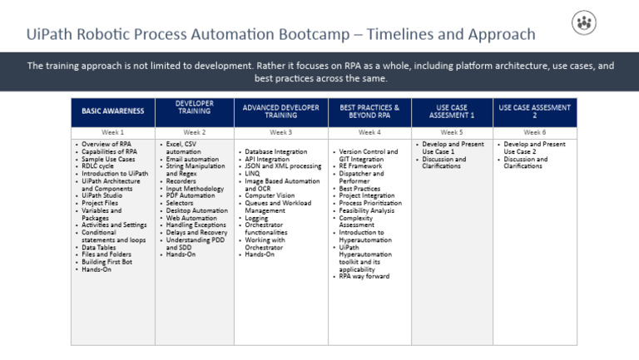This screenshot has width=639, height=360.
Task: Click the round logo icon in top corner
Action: coord(584,22)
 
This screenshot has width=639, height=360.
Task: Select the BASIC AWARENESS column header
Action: coord(113,111)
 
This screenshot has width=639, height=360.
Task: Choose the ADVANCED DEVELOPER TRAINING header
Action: coord(281,111)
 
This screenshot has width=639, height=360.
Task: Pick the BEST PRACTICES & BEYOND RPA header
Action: coord(369,111)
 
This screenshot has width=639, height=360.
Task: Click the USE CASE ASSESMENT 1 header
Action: coord(452,111)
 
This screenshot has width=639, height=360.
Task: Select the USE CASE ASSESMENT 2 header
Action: coord(534,111)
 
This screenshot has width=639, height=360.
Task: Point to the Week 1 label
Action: coord(113,132)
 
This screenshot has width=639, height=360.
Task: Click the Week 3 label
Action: coord(281,132)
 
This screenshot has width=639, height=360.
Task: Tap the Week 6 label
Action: coord(534,132)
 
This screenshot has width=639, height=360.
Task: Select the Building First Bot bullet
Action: coord(110,262)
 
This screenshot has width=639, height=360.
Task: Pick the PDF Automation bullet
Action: coord(191,196)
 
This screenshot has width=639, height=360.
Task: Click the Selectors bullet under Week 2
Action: coord(181,204)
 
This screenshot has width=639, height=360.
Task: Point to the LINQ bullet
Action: coord(252,174)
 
